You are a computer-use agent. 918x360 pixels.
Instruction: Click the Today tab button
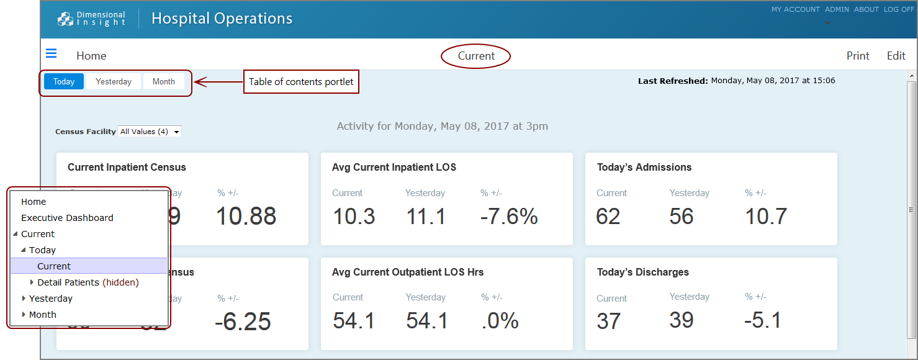pos(64,81)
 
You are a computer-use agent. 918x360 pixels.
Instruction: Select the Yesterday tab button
pos(114,81)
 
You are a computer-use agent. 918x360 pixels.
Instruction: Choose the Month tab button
pos(164,81)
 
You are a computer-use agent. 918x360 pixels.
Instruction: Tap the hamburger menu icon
pos(52,53)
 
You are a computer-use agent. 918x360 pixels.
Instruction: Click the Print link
pos(858,56)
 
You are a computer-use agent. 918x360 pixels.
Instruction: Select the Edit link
pos(896,56)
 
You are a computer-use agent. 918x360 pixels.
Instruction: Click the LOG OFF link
pos(899,9)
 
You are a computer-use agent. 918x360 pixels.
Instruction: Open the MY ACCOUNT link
pos(795,9)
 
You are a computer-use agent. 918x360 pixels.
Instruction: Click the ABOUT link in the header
pos(866,9)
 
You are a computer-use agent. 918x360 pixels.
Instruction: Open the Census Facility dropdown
pos(150,132)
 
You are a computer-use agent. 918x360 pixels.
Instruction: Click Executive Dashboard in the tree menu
pos(67,218)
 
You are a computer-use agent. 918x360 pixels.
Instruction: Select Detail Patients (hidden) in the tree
pos(88,282)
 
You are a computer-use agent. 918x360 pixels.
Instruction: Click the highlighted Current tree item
pos(54,266)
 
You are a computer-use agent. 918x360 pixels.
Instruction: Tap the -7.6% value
pos(509,217)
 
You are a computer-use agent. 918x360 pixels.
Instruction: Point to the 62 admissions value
pos(608,217)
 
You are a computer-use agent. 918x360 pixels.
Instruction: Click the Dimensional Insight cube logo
pos(65,19)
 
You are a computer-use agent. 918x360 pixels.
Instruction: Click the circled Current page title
pos(476,56)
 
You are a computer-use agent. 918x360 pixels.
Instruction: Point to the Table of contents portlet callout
pos(301,82)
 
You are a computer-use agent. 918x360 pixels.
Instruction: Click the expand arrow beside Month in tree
pos(24,315)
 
